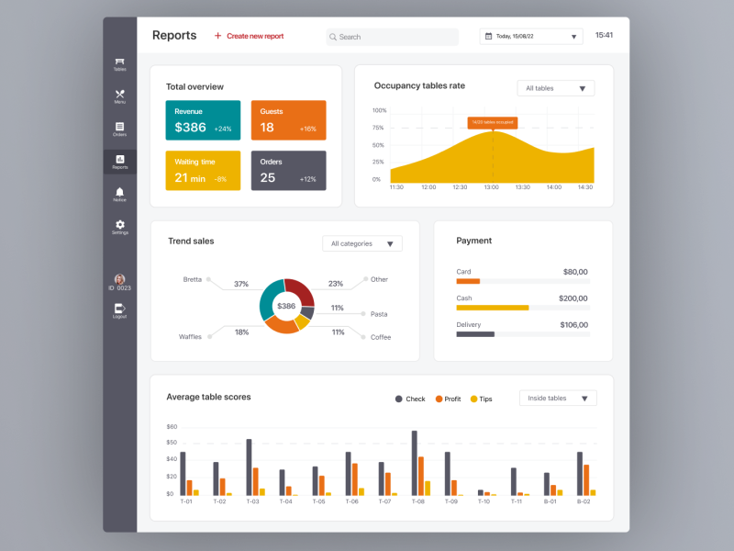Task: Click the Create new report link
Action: pyautogui.click(x=249, y=36)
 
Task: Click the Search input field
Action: pyautogui.click(x=393, y=37)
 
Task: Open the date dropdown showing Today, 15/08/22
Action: pyautogui.click(x=531, y=37)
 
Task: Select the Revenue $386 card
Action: pyautogui.click(x=203, y=120)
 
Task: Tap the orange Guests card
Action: pyautogui.click(x=288, y=120)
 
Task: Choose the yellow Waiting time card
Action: pyautogui.click(x=203, y=171)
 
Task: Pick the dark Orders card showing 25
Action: pyautogui.click(x=288, y=171)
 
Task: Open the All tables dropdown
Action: pyautogui.click(x=555, y=88)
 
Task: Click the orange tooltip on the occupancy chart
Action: pyautogui.click(x=493, y=122)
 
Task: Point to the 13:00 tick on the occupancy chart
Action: pyautogui.click(x=491, y=187)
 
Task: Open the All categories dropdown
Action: pyautogui.click(x=361, y=243)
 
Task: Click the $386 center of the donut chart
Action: pyautogui.click(x=286, y=306)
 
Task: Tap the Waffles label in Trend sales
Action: pyautogui.click(x=190, y=337)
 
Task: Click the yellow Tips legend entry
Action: pyautogui.click(x=481, y=399)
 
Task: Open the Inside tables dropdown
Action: pyautogui.click(x=558, y=399)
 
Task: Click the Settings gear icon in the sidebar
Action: pyautogui.click(x=120, y=224)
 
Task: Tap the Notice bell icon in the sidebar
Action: pyautogui.click(x=120, y=192)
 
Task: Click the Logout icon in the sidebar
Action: pyautogui.click(x=119, y=309)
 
